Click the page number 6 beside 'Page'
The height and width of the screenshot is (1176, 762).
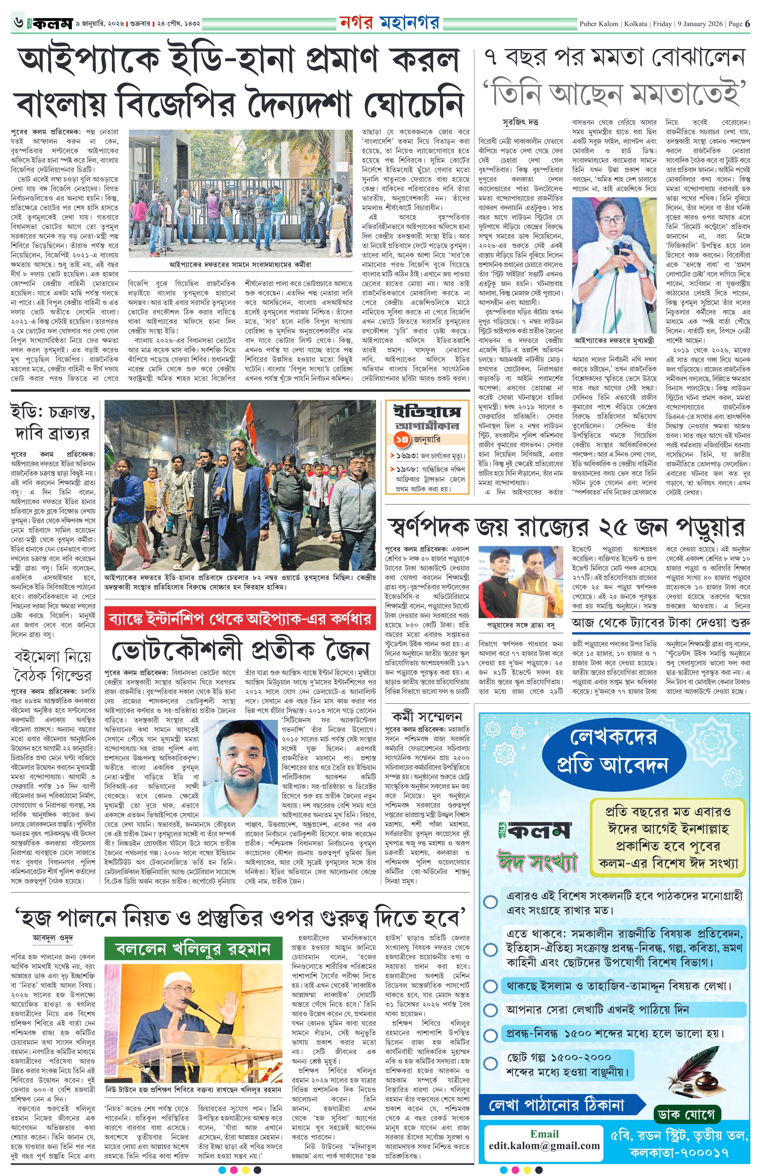pos(748,24)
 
